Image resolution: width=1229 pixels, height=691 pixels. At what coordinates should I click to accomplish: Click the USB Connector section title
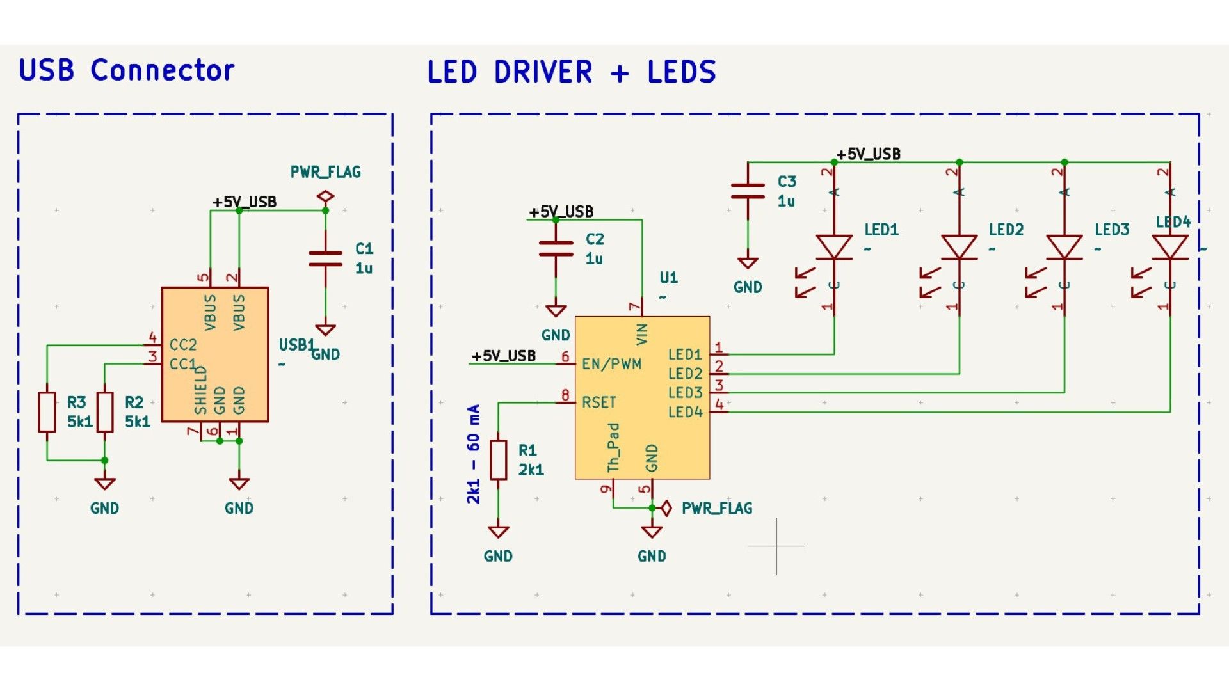[126, 70]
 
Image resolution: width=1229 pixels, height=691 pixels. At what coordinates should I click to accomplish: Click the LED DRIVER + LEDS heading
[571, 72]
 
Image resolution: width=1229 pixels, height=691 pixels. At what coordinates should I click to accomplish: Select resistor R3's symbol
[47, 412]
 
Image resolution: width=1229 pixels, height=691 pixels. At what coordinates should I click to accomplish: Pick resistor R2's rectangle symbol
[104, 412]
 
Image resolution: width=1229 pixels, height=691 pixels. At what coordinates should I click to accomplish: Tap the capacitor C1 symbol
[325, 258]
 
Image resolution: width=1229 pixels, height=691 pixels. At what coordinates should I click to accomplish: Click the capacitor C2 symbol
[556, 249]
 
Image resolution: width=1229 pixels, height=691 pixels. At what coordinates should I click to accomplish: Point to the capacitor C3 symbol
[748, 191]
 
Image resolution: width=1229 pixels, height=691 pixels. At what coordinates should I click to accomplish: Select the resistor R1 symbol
[498, 459]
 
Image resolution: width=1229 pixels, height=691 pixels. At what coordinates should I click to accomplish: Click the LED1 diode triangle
[833, 247]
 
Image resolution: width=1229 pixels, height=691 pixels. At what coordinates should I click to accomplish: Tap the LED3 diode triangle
[1064, 247]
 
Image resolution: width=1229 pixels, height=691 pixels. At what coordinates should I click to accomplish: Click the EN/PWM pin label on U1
[611, 364]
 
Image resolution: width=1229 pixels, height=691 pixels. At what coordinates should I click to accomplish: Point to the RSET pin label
[598, 402]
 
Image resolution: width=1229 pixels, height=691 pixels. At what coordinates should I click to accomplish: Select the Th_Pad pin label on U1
[613, 447]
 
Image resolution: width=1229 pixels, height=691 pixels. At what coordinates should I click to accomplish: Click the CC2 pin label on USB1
[182, 345]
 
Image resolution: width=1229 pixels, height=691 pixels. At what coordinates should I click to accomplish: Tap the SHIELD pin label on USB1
[200, 390]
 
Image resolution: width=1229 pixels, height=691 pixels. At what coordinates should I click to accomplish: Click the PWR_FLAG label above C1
[325, 172]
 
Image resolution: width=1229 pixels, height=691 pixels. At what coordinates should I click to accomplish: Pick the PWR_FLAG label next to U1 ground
[716, 509]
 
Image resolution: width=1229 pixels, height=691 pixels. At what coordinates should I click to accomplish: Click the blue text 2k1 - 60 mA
[473, 454]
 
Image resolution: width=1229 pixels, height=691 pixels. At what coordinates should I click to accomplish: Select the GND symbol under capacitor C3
[748, 263]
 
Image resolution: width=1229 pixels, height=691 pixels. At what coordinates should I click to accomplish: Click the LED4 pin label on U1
[685, 412]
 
